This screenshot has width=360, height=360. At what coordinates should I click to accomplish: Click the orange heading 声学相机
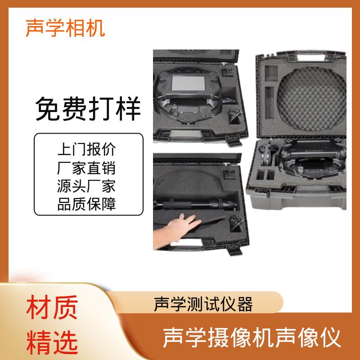point(65,28)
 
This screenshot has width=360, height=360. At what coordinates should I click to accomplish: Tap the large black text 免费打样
point(88,108)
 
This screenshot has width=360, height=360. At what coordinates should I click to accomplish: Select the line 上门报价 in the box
point(86,149)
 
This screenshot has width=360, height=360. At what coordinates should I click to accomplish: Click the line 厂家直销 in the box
point(86,167)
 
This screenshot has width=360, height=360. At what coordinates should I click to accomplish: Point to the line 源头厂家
point(86,186)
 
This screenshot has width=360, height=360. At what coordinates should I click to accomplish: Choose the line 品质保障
point(86,204)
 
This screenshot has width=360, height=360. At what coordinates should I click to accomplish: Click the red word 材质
point(52,307)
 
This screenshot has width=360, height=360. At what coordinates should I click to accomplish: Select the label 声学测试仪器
point(203,304)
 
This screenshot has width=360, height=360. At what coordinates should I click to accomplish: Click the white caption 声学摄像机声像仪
point(252,338)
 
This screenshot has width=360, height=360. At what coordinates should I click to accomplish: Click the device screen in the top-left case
point(188,83)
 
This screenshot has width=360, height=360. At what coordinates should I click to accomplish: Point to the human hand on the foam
point(177,231)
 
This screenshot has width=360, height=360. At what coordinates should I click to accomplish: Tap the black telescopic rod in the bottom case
point(195,204)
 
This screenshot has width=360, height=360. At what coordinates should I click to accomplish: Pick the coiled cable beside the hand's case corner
point(235,224)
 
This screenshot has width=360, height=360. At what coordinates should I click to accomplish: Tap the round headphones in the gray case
point(267,154)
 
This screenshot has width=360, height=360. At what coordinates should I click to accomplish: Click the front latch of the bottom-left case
point(234,250)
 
